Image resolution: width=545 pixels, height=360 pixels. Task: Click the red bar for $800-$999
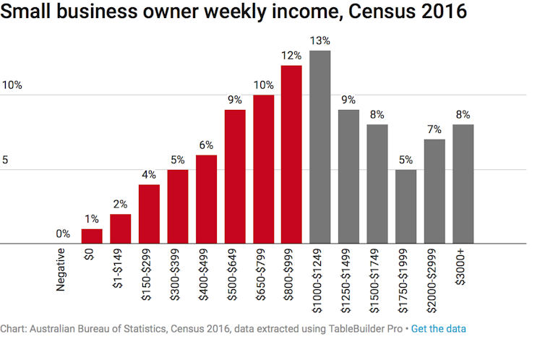point(291,155)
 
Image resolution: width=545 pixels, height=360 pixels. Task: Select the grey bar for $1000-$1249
point(319,147)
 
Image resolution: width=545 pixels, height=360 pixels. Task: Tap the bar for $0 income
point(92,236)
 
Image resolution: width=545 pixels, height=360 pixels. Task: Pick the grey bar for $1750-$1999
point(405,207)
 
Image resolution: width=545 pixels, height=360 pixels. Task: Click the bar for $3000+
point(463,184)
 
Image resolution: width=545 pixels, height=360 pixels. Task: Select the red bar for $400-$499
point(206,200)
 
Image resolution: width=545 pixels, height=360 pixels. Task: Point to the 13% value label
point(319,40)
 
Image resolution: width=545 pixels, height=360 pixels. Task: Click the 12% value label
point(291,55)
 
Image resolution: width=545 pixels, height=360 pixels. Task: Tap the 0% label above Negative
point(63,233)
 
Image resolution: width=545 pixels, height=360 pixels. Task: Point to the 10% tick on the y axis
point(12,85)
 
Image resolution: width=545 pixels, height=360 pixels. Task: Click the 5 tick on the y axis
point(5,160)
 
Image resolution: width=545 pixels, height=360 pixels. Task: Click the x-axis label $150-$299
point(148,279)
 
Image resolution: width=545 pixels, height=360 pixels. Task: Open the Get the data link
point(439,328)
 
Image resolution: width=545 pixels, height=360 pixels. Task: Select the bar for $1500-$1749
point(377,184)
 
